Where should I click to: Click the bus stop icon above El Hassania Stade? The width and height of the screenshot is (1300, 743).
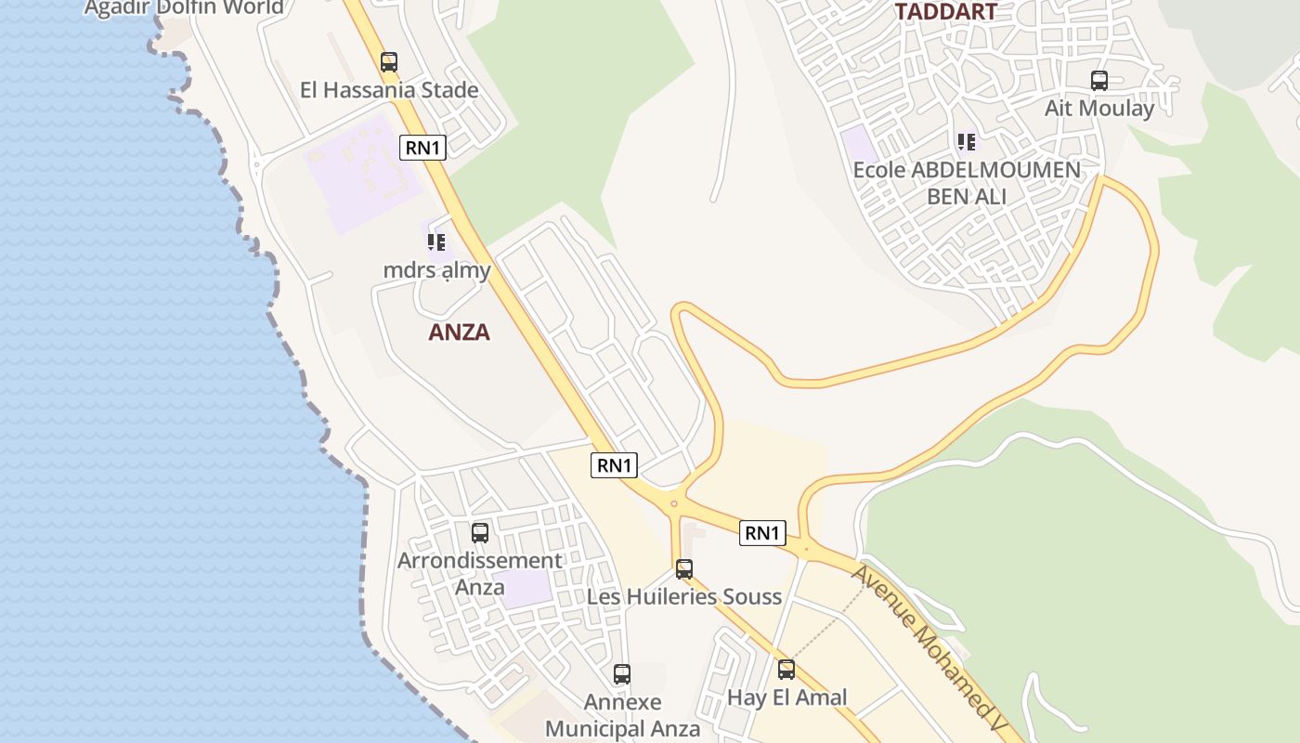tap(389, 62)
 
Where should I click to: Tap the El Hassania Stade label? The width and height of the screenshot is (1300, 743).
tap(389, 90)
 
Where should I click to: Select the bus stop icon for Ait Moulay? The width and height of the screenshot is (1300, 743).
tap(1099, 81)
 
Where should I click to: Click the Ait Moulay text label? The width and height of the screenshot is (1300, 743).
tap(1099, 108)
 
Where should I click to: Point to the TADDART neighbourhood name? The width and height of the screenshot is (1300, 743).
tap(945, 12)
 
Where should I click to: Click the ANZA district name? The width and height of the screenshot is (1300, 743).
tap(459, 332)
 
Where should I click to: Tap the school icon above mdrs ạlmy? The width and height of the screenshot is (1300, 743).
tap(436, 243)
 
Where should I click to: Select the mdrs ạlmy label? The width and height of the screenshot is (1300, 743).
tap(436, 270)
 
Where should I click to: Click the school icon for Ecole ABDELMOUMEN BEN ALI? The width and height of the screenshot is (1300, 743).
tap(967, 142)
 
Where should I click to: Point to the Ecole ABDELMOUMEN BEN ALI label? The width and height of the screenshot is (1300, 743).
tap(967, 183)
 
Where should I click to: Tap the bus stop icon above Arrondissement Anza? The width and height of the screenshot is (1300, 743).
tap(480, 533)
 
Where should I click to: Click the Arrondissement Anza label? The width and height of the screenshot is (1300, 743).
tap(480, 573)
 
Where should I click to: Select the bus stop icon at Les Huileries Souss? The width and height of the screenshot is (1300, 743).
tap(684, 569)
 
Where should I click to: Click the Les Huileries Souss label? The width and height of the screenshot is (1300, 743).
tap(684, 596)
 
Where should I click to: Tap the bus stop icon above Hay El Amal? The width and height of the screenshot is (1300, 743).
tap(786, 670)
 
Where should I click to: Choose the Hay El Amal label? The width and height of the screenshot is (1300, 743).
tap(786, 697)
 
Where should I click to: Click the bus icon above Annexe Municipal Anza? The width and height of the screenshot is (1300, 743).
tap(622, 674)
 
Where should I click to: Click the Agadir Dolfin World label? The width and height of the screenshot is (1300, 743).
tap(184, 8)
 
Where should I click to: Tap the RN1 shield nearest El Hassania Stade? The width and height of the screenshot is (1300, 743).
tap(423, 147)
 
